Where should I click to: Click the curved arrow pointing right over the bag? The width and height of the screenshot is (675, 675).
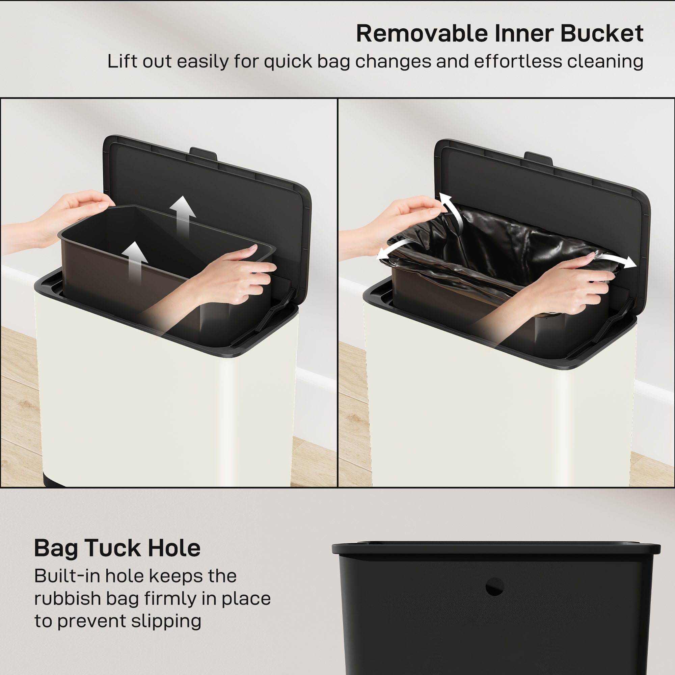click(x=618, y=260)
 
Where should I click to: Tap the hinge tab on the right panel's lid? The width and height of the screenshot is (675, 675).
click(x=538, y=158)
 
